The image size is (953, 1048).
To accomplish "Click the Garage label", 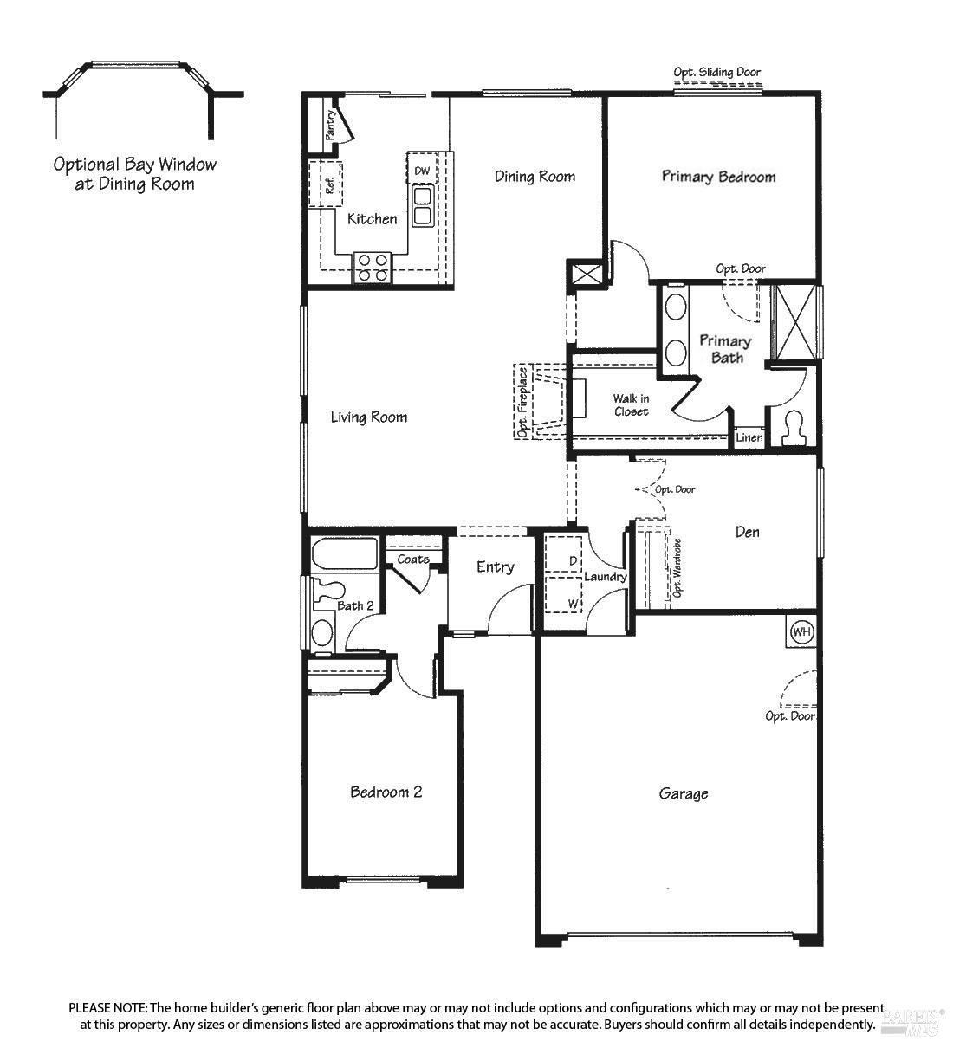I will click(684, 792).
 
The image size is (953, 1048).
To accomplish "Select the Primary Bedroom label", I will click(718, 177).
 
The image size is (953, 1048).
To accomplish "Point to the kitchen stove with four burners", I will click(373, 267).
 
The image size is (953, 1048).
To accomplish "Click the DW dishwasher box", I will click(422, 171).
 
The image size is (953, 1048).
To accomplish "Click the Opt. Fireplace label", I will click(522, 402).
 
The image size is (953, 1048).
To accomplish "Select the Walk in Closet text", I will click(631, 404).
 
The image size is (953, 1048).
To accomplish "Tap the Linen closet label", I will click(749, 437).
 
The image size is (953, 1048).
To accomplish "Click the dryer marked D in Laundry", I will click(564, 561).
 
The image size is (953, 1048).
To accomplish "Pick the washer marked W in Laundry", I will click(564, 599).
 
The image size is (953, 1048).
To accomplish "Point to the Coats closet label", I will click(413, 560).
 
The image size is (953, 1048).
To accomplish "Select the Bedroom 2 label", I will click(386, 792).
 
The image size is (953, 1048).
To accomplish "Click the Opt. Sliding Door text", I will click(717, 73).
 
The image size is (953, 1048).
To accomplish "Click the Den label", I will click(747, 532).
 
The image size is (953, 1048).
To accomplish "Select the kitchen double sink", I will click(423, 205).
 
